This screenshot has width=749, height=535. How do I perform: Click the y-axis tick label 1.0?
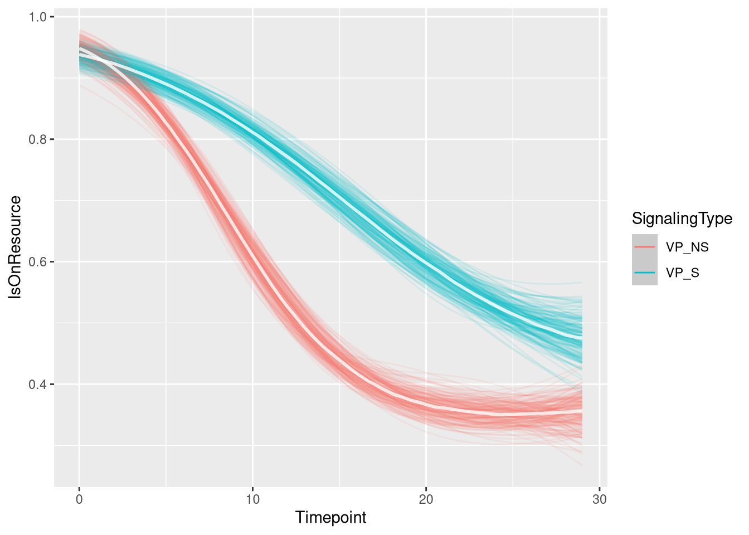pos(38,17)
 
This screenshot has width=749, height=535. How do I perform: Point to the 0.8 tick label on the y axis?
pos(38,139)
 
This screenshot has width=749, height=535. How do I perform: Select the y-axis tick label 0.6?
pos(38,262)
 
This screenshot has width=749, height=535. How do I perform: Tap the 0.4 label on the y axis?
pos(38,385)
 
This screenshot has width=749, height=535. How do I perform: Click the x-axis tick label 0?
pos(79,499)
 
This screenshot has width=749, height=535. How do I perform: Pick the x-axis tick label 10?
pos(252,499)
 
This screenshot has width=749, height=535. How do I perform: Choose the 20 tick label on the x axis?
pos(426,499)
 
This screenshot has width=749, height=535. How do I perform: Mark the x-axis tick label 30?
pos(599,499)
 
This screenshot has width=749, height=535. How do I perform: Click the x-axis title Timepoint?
pos(330,518)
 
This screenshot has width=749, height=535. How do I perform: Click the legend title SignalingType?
pos(682,219)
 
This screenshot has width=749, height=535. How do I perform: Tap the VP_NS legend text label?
pos(687,247)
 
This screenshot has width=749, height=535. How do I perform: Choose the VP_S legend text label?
pos(683,273)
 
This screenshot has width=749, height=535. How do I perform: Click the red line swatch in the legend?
pos(645,247)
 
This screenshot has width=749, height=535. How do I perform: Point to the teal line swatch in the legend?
pos(645,273)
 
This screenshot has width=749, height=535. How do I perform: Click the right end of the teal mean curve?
pos(581,338)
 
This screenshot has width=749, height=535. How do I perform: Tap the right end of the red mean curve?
pos(581,411)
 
